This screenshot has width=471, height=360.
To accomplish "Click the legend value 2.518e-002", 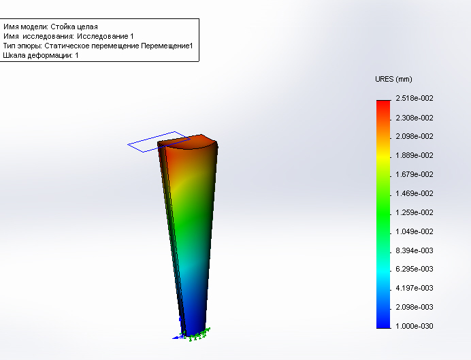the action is pos(415,98).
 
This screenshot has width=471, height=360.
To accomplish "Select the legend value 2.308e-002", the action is pos(415,118).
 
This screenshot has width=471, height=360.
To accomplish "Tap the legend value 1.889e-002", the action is pos(415,156).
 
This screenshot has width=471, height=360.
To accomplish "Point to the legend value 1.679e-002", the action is pos(415,174).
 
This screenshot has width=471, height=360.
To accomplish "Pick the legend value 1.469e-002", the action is pos(415,194).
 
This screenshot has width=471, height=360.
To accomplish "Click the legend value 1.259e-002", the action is pos(415,212).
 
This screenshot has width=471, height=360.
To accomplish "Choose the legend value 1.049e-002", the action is pos(415,231).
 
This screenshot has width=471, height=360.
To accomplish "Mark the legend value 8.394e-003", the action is pos(415,250).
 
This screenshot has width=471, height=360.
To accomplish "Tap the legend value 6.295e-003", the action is pos(415,269).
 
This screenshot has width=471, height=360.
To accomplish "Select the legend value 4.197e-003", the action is pos(415,289).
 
